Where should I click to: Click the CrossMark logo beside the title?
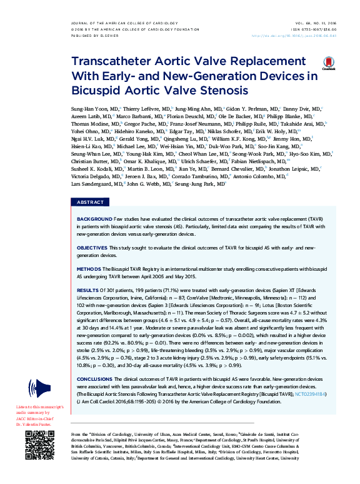[329, 61]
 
